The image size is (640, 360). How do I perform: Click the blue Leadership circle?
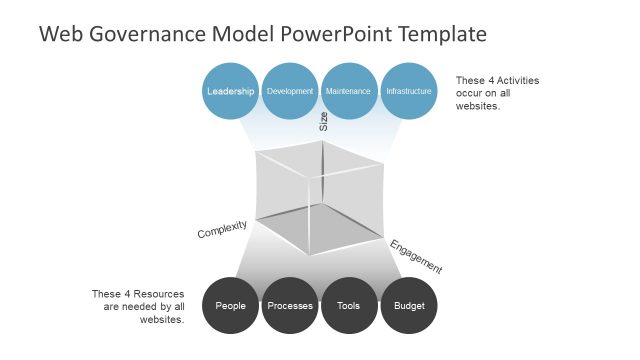pyautogui.click(x=231, y=91)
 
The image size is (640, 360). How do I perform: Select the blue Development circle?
pyautogui.click(x=290, y=91)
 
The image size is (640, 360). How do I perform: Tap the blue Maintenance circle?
pyautogui.click(x=349, y=91)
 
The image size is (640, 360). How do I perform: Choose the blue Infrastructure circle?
pyautogui.click(x=409, y=91)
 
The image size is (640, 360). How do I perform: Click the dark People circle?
pyautogui.click(x=231, y=305)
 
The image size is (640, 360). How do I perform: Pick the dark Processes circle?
pyautogui.click(x=290, y=305)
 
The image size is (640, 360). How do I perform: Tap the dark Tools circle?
pyautogui.click(x=349, y=305)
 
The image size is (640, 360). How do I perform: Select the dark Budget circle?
pyautogui.click(x=409, y=305)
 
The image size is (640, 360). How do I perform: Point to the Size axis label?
pyautogui.click(x=323, y=122)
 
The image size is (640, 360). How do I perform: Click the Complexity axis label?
pyautogui.click(x=222, y=229)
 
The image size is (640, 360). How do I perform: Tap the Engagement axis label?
pyautogui.click(x=415, y=256)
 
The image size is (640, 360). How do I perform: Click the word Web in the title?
pyautogui.click(x=59, y=35)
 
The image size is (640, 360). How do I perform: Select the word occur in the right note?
pyautogui.click(x=471, y=93)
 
